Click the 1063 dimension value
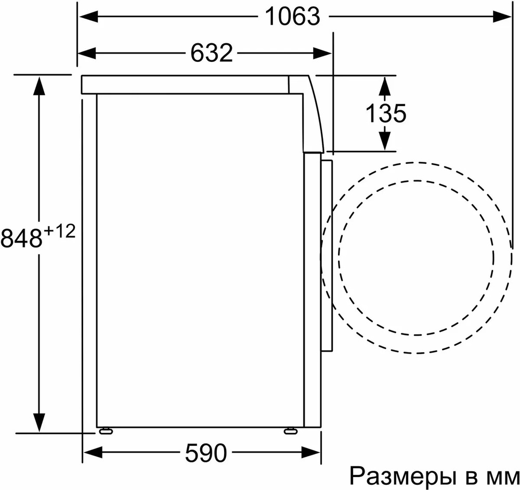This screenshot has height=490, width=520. click(x=292, y=17)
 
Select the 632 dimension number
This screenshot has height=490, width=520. click(x=211, y=53)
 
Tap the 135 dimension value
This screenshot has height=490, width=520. click(x=385, y=113)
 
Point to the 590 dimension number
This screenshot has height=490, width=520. click(x=206, y=453)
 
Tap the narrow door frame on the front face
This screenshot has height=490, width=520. click(x=327, y=255)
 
